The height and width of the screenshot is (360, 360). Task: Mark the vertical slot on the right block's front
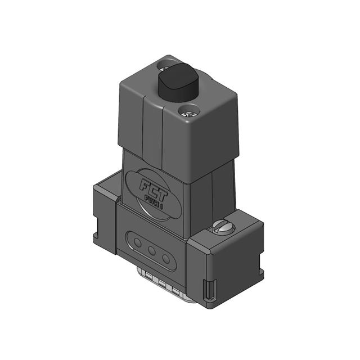pos(211,289)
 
